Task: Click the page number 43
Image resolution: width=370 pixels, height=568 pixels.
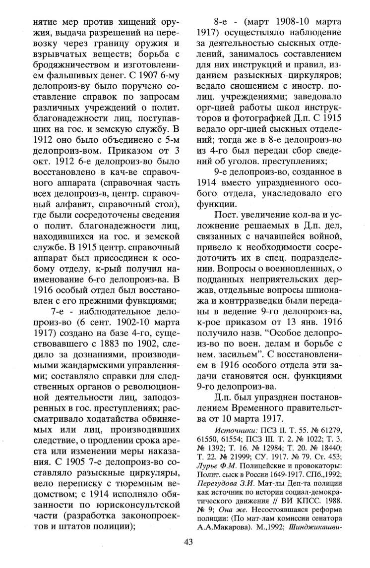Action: click(x=188, y=555)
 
